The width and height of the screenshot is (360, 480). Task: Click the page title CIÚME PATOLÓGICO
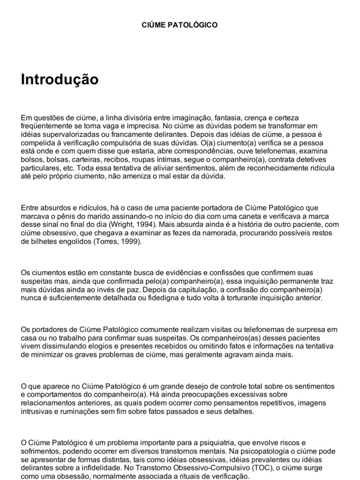[180, 25]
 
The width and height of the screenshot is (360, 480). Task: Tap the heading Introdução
[60, 80]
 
